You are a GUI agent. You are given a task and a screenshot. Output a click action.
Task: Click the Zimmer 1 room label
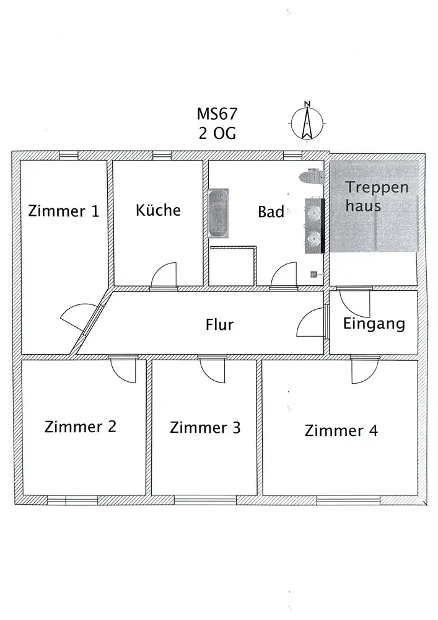click(63, 211)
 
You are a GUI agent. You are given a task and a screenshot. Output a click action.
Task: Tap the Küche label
click(158, 210)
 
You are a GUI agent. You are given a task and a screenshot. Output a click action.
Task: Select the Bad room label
click(271, 212)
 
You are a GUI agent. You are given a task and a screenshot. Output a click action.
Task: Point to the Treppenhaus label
click(377, 197)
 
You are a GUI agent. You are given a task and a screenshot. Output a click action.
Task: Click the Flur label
click(219, 325)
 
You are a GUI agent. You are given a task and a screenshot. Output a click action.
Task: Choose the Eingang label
click(374, 324)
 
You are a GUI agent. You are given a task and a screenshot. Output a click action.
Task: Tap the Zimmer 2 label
click(80, 427)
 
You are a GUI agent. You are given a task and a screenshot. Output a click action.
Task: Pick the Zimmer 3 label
click(205, 427)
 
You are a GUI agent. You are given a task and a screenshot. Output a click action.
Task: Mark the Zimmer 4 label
click(341, 430)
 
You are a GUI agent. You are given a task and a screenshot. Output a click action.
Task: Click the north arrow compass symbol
click(307, 122)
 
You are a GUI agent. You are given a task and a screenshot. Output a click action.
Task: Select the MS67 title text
click(217, 114)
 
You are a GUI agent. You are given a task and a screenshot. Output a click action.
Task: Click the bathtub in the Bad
click(218, 213)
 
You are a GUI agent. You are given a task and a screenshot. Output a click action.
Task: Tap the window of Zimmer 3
click(205, 500)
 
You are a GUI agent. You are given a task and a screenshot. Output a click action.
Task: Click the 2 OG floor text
click(217, 133)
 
